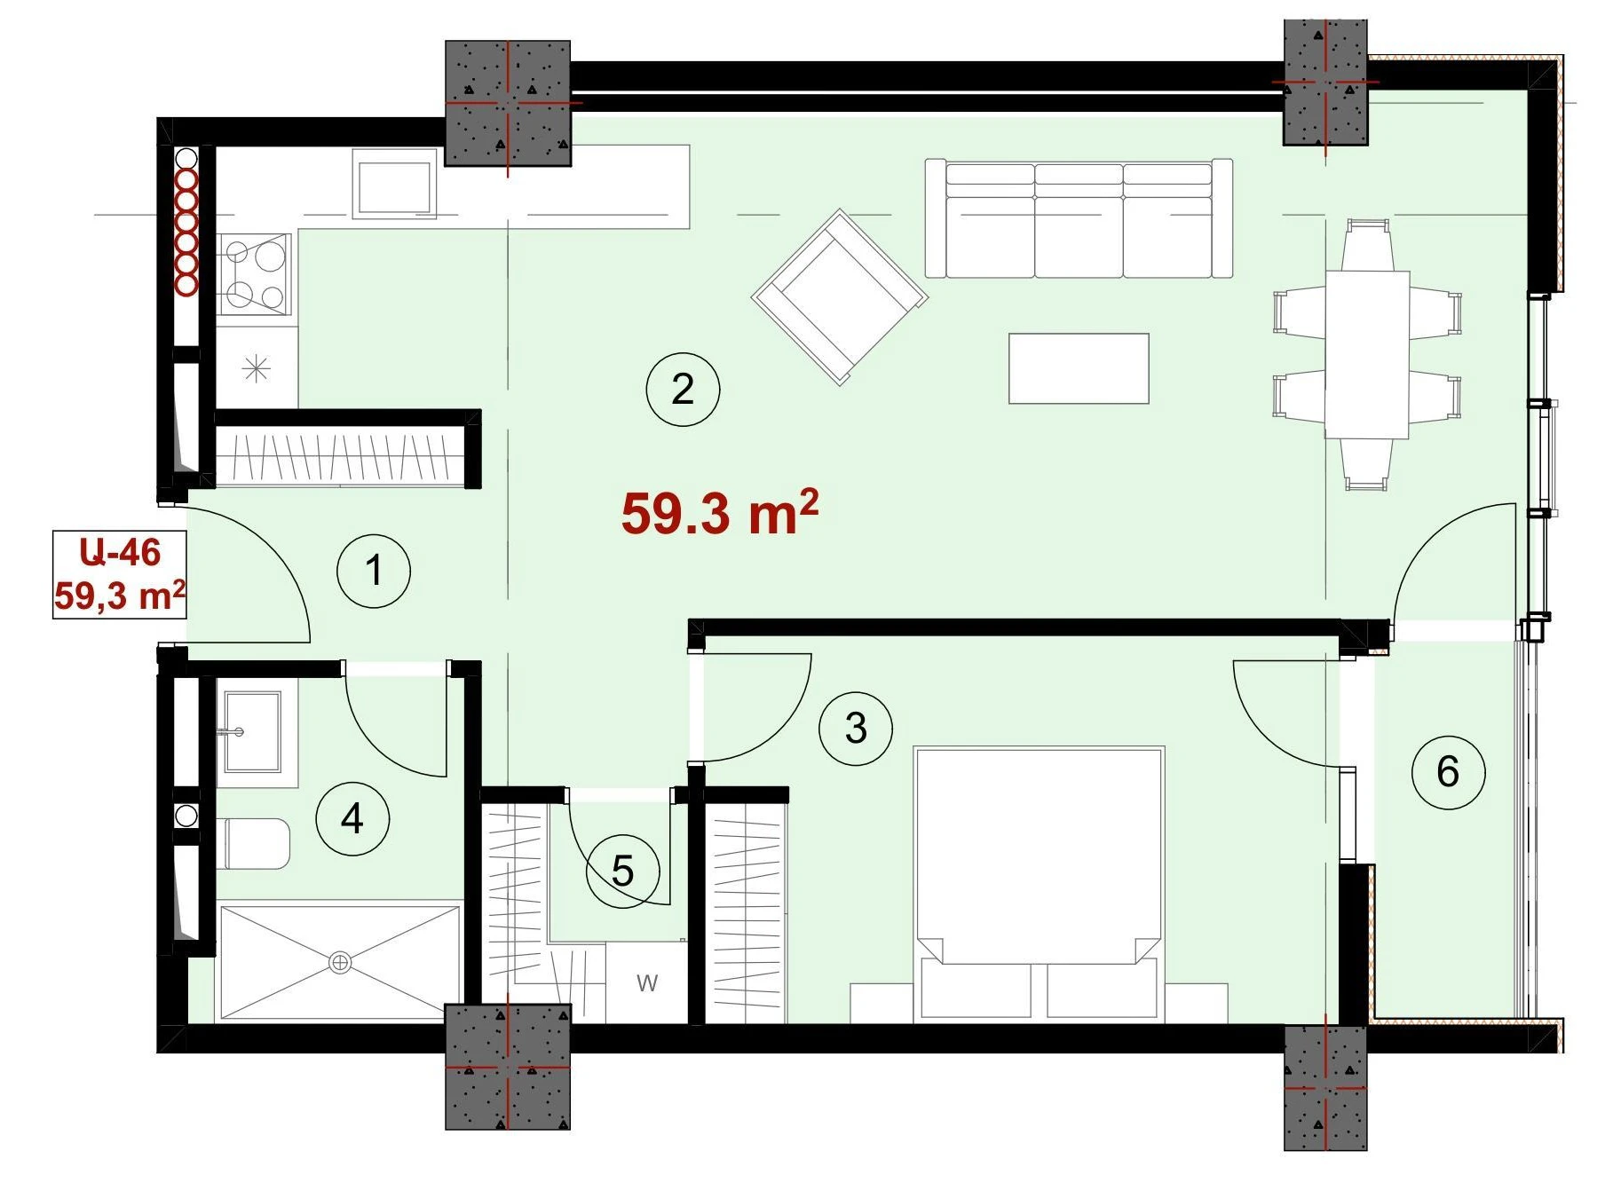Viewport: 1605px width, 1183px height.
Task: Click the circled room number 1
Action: pyautogui.click(x=374, y=571)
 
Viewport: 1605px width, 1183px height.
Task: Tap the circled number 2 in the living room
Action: pyautogui.click(x=683, y=389)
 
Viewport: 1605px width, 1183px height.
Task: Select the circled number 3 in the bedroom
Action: pyautogui.click(x=856, y=728)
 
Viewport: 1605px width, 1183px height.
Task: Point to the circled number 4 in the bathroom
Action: pyautogui.click(x=352, y=818)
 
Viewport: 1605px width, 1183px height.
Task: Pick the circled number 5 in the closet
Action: pyautogui.click(x=622, y=871)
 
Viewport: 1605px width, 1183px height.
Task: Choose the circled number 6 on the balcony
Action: pyautogui.click(x=1448, y=771)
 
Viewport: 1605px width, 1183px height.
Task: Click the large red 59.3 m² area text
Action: pyautogui.click(x=720, y=512)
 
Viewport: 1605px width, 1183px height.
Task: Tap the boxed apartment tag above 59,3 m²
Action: pyautogui.click(x=120, y=552)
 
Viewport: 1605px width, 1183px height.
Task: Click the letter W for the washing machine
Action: pyautogui.click(x=647, y=982)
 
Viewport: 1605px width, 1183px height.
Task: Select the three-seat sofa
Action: pyautogui.click(x=1079, y=218)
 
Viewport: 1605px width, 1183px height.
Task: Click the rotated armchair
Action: pyautogui.click(x=840, y=296)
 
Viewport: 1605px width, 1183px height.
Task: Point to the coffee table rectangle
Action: pyautogui.click(x=1079, y=368)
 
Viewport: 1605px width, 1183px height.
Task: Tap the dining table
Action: pyautogui.click(x=1367, y=355)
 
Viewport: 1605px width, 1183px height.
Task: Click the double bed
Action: pyautogui.click(x=1039, y=883)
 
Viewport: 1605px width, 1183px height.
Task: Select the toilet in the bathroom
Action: pyautogui.click(x=257, y=844)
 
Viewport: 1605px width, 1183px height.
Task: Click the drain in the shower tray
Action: pyautogui.click(x=340, y=962)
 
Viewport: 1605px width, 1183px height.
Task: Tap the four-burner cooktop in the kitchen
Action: pyautogui.click(x=255, y=274)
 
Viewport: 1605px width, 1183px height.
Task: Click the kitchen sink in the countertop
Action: pyautogui.click(x=395, y=184)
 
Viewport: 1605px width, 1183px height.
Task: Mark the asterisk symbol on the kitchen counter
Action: pyautogui.click(x=257, y=367)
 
